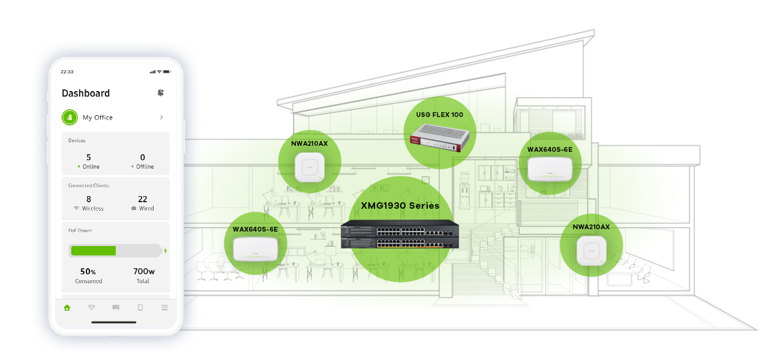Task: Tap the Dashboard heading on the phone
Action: click(x=86, y=93)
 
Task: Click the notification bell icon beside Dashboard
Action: click(x=160, y=92)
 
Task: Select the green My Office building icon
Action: click(x=70, y=118)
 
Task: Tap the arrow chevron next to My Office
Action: click(x=161, y=118)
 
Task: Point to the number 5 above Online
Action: click(x=89, y=157)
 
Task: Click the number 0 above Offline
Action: click(x=142, y=157)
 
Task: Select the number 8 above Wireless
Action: click(x=89, y=199)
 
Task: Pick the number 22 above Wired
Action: click(x=142, y=199)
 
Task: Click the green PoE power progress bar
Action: click(x=94, y=250)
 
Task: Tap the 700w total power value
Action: click(x=144, y=271)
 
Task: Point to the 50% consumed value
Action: click(x=89, y=271)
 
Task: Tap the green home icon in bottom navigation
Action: click(x=67, y=308)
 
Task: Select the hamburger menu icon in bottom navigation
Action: click(x=164, y=308)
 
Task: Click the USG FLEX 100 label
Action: click(x=440, y=115)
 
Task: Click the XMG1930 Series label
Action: click(x=400, y=206)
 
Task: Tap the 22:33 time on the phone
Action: click(x=67, y=72)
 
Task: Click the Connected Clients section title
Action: click(x=89, y=185)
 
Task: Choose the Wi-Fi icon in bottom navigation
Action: click(x=91, y=308)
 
